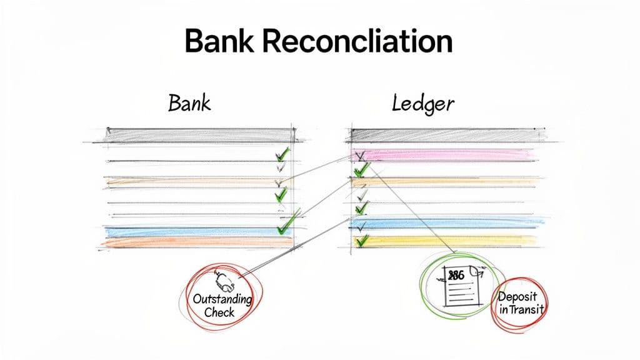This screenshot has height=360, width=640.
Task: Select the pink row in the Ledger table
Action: click(444, 154)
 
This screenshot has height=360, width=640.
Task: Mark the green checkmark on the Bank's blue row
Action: click(285, 224)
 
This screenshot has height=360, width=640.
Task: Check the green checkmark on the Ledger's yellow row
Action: click(360, 241)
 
